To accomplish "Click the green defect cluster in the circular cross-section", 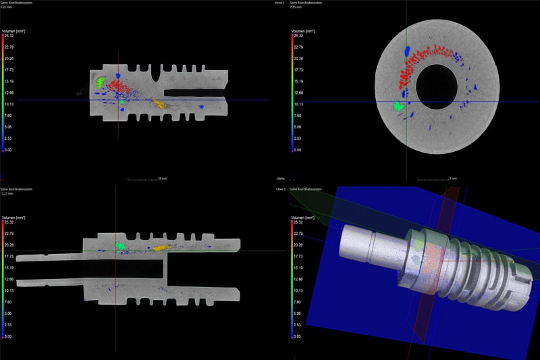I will point(399,106).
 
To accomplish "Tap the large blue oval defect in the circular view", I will point(407,51).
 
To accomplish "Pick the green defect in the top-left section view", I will point(100,82).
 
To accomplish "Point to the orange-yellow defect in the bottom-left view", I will point(160,248).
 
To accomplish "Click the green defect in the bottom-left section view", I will point(121,247).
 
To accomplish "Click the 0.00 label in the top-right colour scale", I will point(298,150).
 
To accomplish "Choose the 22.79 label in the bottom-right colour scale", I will point(298,233).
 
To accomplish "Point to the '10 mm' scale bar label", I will point(162,179).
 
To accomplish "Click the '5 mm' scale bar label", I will point(454,179).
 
